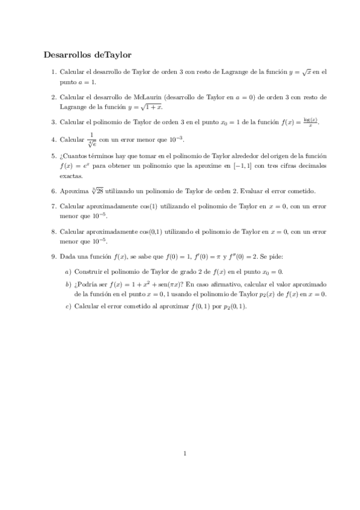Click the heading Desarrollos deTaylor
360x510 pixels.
click(x=87, y=55)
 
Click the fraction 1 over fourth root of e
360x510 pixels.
click(x=92, y=140)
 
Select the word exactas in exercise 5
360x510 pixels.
click(x=71, y=176)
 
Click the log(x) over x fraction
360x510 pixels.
click(x=310, y=122)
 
